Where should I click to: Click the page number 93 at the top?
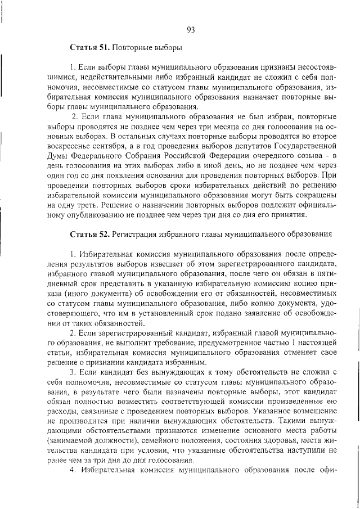coord(190,30)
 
